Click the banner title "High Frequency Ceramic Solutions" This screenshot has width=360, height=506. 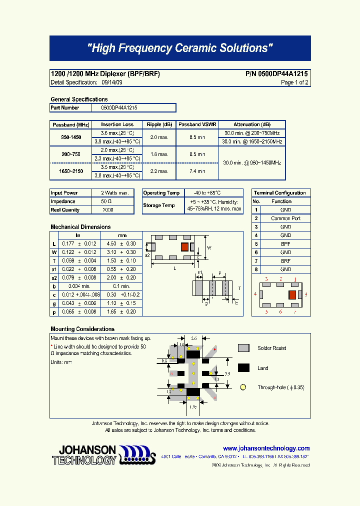180,48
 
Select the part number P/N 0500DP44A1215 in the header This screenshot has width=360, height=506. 276,74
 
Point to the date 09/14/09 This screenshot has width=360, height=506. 111,82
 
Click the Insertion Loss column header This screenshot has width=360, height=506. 117,124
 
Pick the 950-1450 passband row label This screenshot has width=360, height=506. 71,137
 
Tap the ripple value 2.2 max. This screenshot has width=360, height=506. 160,171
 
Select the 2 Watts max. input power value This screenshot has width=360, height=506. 114,193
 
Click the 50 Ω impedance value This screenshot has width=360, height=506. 107,201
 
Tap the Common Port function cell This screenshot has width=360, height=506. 285,218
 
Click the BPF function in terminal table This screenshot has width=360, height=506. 285,244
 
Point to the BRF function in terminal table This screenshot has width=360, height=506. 285,261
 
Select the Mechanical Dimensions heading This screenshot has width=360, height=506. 80,227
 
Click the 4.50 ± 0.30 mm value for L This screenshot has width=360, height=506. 121,243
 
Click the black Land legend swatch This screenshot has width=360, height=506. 243,368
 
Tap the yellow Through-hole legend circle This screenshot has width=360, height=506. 243,387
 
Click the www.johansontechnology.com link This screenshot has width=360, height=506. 266,448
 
